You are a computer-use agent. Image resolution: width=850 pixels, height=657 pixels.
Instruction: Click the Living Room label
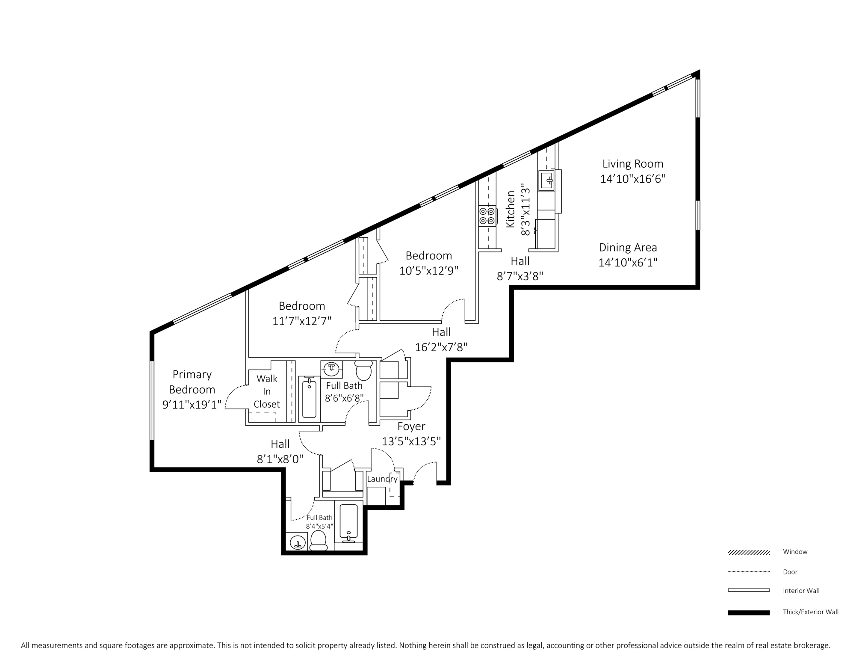coord(633,164)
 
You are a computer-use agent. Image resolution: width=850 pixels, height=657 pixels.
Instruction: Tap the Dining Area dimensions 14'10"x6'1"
coord(628,262)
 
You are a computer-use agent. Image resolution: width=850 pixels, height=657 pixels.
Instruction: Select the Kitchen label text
coord(511,209)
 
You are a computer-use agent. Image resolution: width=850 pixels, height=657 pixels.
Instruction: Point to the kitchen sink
coord(547,181)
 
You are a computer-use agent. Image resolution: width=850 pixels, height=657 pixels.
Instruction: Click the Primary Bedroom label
coord(192,382)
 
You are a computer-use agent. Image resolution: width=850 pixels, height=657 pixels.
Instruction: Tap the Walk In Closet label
coord(267,391)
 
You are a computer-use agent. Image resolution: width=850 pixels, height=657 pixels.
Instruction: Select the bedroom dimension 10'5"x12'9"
coord(429,271)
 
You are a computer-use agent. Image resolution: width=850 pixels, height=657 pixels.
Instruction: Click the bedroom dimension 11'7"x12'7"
coord(302,321)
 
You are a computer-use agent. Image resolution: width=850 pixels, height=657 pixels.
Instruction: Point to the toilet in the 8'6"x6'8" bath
coord(364,371)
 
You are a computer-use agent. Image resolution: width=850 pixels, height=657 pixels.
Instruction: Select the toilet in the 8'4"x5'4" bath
coord(318,541)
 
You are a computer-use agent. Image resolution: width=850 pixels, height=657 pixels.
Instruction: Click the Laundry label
coord(382,479)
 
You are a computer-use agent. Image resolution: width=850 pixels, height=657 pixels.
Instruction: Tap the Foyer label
coord(411,426)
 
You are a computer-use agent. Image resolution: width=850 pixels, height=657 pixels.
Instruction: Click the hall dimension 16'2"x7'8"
coord(441,347)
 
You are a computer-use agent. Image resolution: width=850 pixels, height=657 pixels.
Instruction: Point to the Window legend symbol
coord(749,553)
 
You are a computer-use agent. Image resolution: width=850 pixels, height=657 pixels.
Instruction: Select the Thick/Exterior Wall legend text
coord(810,612)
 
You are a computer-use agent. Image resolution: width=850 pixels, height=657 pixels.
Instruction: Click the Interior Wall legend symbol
coord(749,590)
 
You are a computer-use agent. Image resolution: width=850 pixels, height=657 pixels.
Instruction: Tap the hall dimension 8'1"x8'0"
coord(280,459)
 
